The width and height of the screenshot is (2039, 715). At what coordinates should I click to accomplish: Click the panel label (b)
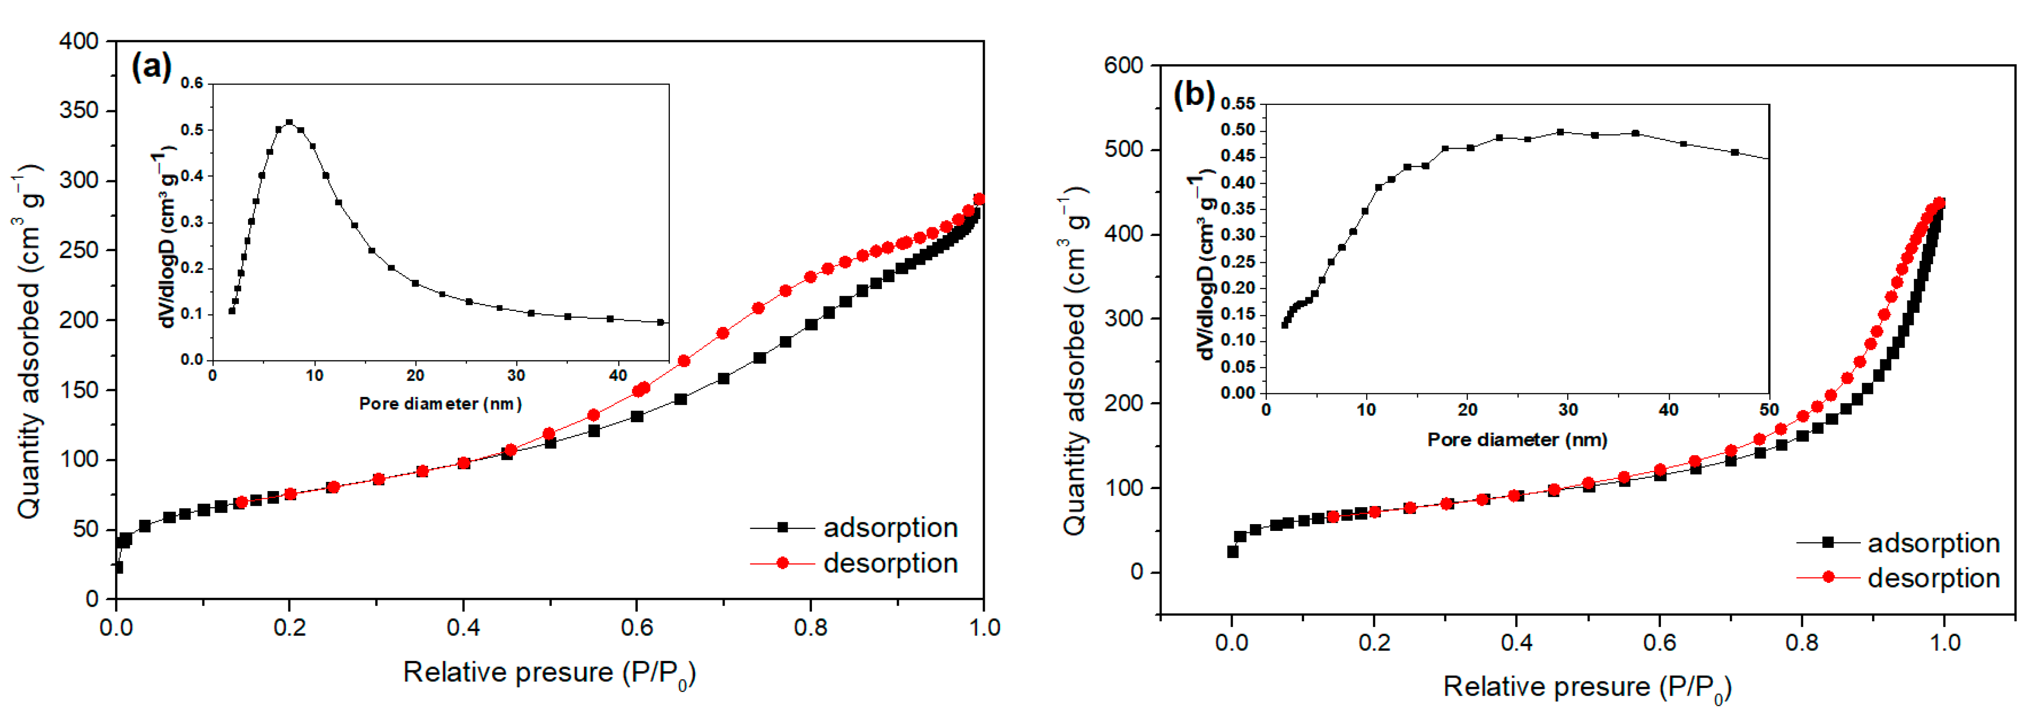(1194, 94)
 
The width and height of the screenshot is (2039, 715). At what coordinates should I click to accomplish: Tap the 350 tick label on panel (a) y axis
(79, 111)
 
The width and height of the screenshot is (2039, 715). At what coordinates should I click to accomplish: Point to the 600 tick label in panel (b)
(1124, 66)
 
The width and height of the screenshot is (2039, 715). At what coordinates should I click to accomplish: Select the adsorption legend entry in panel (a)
(854, 528)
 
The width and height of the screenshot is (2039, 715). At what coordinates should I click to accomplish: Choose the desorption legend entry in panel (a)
(854, 563)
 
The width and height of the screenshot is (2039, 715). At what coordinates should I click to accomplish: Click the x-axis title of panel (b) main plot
(1587, 686)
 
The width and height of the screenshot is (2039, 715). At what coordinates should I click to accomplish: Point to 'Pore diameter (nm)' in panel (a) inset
(440, 404)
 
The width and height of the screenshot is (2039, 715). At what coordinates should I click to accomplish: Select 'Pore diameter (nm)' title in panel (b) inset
(1517, 440)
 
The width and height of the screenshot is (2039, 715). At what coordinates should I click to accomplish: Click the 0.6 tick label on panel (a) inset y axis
(192, 83)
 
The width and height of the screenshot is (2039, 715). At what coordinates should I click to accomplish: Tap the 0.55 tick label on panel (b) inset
(1238, 104)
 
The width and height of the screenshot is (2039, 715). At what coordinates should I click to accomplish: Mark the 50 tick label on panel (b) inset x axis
(1769, 410)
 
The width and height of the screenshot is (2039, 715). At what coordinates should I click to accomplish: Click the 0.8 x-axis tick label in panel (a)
(811, 628)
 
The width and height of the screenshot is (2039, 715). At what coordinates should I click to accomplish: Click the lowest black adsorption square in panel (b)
(1232, 552)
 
